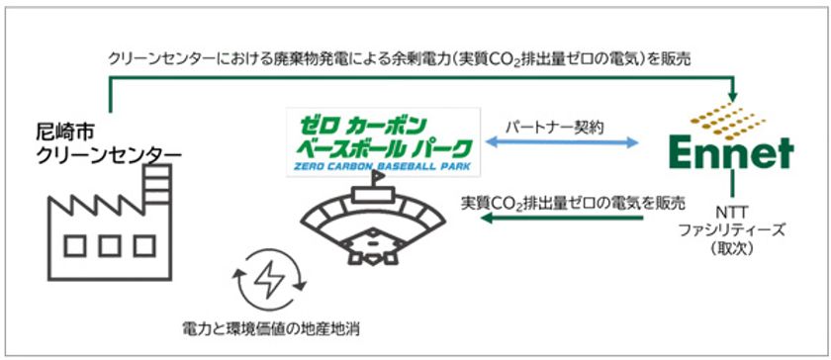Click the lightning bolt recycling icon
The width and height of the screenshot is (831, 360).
point(269,280)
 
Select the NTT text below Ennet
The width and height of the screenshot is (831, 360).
point(732,212)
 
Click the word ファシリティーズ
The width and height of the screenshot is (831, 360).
point(732,229)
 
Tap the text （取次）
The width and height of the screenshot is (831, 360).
point(732,248)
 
